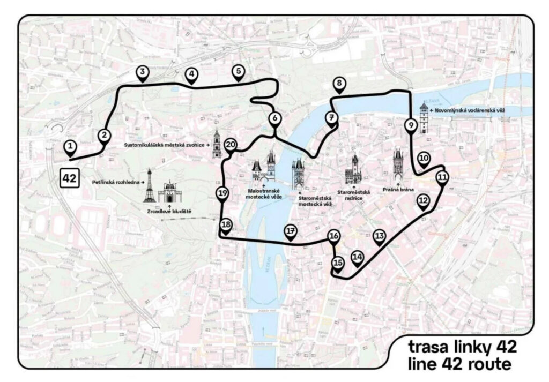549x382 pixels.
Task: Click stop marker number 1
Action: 69,146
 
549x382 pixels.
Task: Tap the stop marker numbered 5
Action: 238,72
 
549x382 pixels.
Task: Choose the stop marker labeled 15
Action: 337,263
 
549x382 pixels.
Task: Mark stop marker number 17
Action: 291,231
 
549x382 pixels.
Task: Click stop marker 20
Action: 231,145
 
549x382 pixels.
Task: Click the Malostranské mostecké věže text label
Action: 264,193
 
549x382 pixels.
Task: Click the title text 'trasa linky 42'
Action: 462,347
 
